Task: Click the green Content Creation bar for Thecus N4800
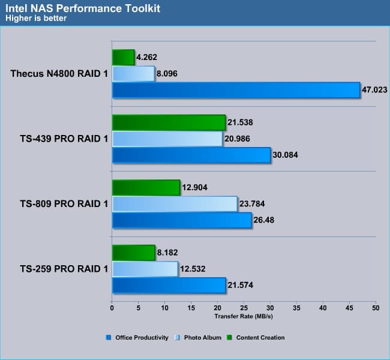point(123,58)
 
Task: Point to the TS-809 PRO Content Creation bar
point(146,188)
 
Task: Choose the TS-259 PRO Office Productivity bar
point(169,285)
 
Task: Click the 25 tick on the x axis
point(244,308)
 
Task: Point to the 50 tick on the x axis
point(375,308)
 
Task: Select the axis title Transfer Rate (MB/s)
point(243,316)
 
